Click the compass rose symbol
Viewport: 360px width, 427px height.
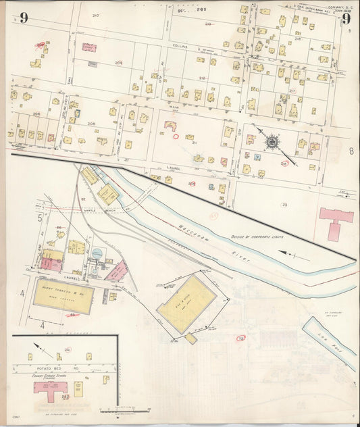[x=272, y=142]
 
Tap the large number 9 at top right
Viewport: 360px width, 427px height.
[x=346, y=18]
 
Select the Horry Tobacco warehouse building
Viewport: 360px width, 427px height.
[x=63, y=296]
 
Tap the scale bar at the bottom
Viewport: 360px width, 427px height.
[x=125, y=409]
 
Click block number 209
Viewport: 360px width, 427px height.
[x=119, y=62]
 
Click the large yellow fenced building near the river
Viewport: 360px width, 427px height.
[x=187, y=303]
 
